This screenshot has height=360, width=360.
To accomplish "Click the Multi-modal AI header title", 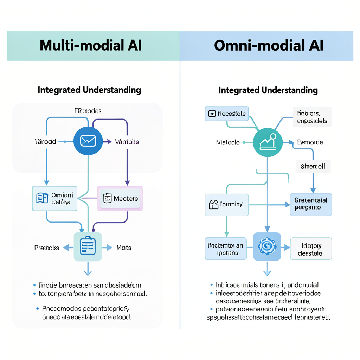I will pyautogui.click(x=91, y=46).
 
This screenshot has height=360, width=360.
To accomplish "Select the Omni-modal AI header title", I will pyautogui.click(x=269, y=46).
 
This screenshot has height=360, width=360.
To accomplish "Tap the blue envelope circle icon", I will pyautogui.click(x=88, y=141).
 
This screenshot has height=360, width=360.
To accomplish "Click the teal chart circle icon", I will pyautogui.click(x=268, y=142).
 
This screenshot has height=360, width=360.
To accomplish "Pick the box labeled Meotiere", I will pyautogui.click(x=120, y=198).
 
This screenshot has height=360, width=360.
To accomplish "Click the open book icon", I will pyautogui.click(x=42, y=198).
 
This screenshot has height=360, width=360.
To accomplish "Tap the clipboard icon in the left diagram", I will pyautogui.click(x=88, y=246).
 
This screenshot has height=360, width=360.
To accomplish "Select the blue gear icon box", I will pyautogui.click(x=267, y=246).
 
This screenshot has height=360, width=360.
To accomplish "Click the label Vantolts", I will pyautogui.click(x=127, y=142).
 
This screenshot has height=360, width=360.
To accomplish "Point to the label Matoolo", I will pyautogui.click(x=228, y=142).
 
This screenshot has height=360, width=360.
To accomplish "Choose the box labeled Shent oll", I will pyautogui.click(x=313, y=166).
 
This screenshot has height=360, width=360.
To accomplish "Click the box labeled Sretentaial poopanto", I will pyautogui.click(x=311, y=204).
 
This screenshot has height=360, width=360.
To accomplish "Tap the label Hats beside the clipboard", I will pyautogui.click(x=124, y=247).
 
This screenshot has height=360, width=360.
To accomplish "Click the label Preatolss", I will pyautogui.click(x=47, y=247).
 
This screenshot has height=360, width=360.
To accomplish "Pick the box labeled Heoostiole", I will pyautogui.click(x=227, y=114).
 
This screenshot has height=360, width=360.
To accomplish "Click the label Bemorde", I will pyautogui.click(x=310, y=142).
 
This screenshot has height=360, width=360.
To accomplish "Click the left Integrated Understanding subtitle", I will pyautogui.click(x=89, y=90).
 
